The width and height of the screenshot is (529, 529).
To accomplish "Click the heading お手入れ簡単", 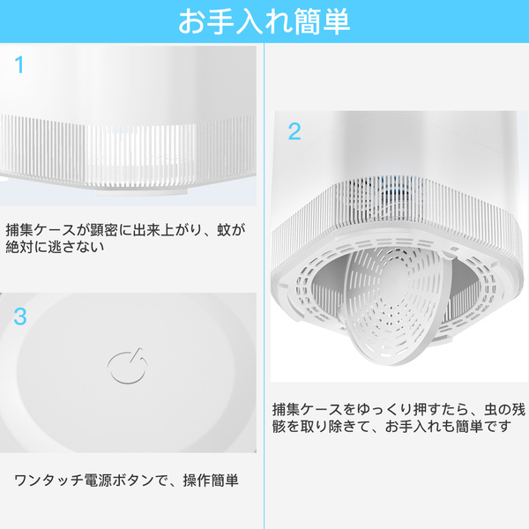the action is (x=264, y=22).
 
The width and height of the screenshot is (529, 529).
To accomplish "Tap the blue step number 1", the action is (x=19, y=64).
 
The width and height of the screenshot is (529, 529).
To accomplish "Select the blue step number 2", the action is (x=294, y=131).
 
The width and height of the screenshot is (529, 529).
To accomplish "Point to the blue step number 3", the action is (x=20, y=317).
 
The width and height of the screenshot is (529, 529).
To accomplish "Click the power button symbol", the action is (x=128, y=366).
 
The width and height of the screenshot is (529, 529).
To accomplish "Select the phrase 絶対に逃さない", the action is (x=55, y=247).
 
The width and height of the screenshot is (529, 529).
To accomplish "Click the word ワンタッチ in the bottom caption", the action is (x=48, y=481).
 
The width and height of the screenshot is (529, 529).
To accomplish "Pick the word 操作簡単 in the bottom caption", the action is (x=211, y=481).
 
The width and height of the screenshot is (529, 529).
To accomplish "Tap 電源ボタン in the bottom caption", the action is (x=119, y=481).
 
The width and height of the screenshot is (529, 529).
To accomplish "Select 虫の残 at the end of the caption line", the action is (x=504, y=410).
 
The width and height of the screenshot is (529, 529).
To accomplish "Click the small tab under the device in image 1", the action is (x=142, y=191).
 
